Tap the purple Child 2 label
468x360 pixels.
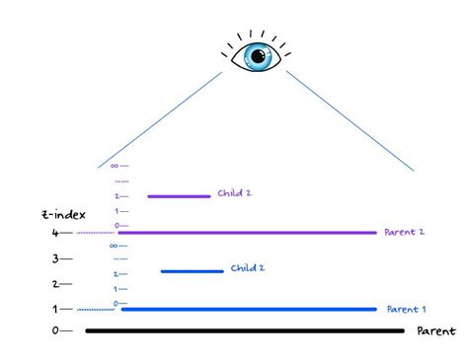click(x=234, y=194)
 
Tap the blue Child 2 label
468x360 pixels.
click(x=248, y=268)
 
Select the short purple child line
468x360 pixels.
click(x=179, y=196)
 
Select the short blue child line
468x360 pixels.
click(x=193, y=271)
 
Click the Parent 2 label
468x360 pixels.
click(x=405, y=233)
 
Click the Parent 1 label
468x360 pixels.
click(x=405, y=309)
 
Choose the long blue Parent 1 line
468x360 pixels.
click(x=247, y=309)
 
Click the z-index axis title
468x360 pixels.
click(x=41, y=214)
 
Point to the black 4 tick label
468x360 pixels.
click(x=55, y=234)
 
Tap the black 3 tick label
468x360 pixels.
click(x=55, y=259)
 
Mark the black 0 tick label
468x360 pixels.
click(x=55, y=331)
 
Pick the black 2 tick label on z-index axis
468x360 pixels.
click(x=55, y=284)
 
